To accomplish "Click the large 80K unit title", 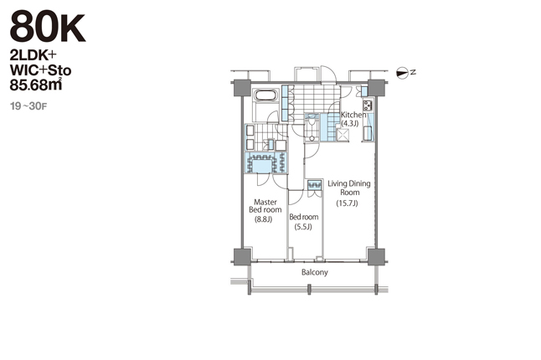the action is [47, 28].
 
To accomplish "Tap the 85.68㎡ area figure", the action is [36, 85].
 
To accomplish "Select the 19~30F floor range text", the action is [28, 105].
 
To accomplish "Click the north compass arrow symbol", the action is [402, 73].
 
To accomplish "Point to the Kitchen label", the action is [353, 115].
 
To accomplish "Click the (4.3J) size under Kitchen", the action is [350, 123].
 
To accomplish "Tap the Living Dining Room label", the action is [349, 188].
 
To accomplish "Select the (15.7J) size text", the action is [347, 203].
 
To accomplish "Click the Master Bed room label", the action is [265, 206].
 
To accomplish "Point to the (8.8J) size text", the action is [264, 219].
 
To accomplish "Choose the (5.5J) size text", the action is [303, 227].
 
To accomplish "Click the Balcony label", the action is [315, 272].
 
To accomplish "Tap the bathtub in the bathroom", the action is [265, 95].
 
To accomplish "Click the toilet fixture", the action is [312, 121].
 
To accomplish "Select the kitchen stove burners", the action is [368, 105].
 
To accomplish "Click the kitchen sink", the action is [368, 133].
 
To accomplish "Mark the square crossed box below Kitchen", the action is [343, 135].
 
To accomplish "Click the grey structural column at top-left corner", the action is [243, 88].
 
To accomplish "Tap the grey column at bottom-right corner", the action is [376, 256].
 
